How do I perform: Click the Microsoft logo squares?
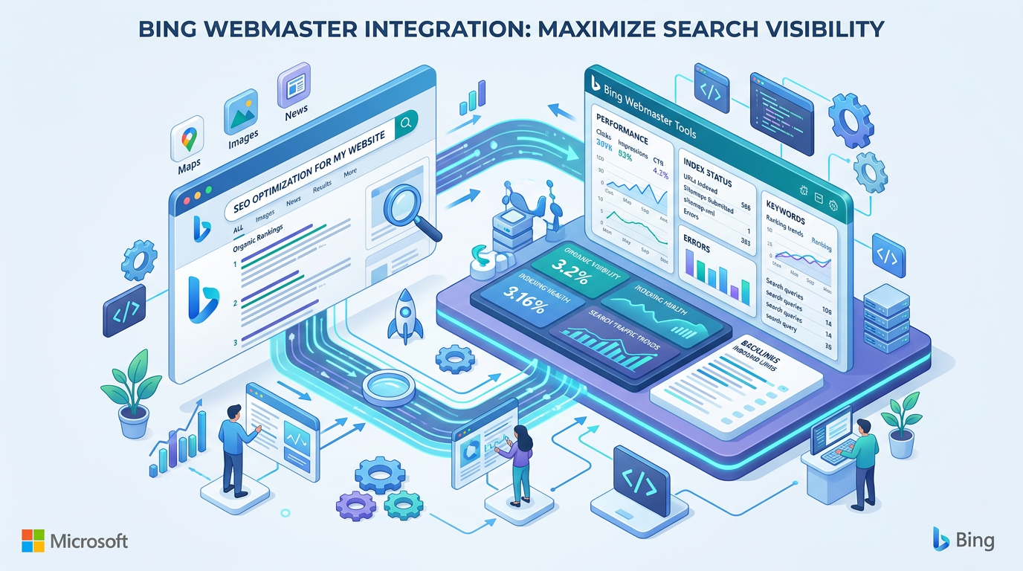tap(33, 541)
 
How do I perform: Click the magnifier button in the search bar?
tap(404, 124)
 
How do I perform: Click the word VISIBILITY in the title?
tap(812, 28)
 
